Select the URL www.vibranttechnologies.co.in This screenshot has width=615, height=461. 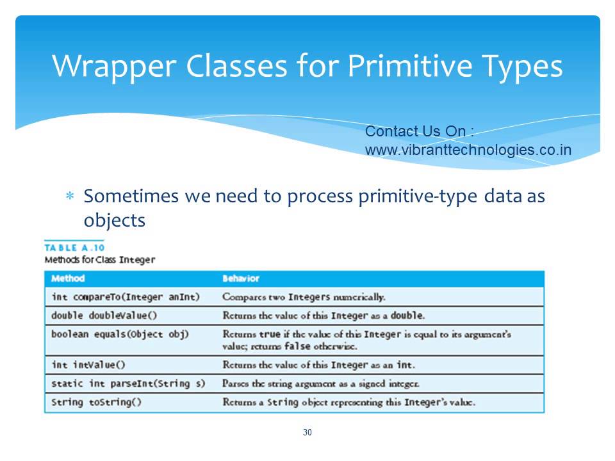pyautogui.click(x=468, y=150)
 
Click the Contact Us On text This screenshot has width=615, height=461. pyautogui.click(x=420, y=131)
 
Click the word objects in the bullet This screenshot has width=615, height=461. pyautogui.click(x=115, y=220)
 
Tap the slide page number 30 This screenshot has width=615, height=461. pyautogui.click(x=307, y=433)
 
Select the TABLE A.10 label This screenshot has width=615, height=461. pyautogui.click(x=74, y=248)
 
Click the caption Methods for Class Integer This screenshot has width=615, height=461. pyautogui.click(x=99, y=260)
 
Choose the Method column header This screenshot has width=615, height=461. pyautogui.click(x=68, y=279)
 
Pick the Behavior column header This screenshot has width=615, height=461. pyautogui.click(x=240, y=279)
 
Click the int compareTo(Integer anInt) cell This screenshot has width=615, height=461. pyautogui.click(x=126, y=297)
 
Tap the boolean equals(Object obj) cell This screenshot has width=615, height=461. pyautogui.click(x=120, y=334)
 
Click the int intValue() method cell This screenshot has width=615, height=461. pyautogui.click(x=88, y=365)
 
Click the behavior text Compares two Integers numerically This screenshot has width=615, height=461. pyautogui.click(x=304, y=297)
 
